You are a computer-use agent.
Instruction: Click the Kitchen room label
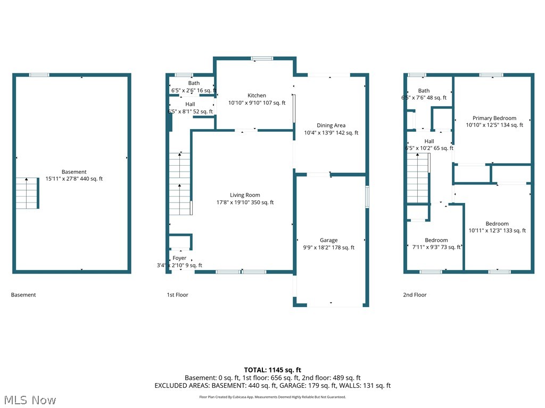257,96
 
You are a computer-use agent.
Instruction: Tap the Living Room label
245,195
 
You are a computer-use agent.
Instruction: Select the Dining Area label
331,125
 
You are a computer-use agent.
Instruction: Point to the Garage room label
328,240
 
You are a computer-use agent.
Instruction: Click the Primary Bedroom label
494,118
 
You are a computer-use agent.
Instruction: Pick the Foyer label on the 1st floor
179,258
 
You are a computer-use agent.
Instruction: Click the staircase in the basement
27,193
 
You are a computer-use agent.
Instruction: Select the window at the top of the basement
39,75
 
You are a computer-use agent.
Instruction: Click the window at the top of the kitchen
259,58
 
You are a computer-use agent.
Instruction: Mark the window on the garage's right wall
367,197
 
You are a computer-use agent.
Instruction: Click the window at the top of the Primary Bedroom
491,75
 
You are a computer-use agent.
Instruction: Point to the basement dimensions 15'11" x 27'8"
74,179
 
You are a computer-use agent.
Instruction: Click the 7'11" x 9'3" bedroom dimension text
436,247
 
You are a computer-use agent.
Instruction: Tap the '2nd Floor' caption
415,295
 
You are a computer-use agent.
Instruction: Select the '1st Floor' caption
177,295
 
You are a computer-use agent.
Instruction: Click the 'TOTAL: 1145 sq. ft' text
272,370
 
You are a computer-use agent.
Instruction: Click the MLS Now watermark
30,399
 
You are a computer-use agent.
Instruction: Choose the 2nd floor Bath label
424,91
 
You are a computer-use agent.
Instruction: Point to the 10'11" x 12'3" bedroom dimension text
497,231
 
